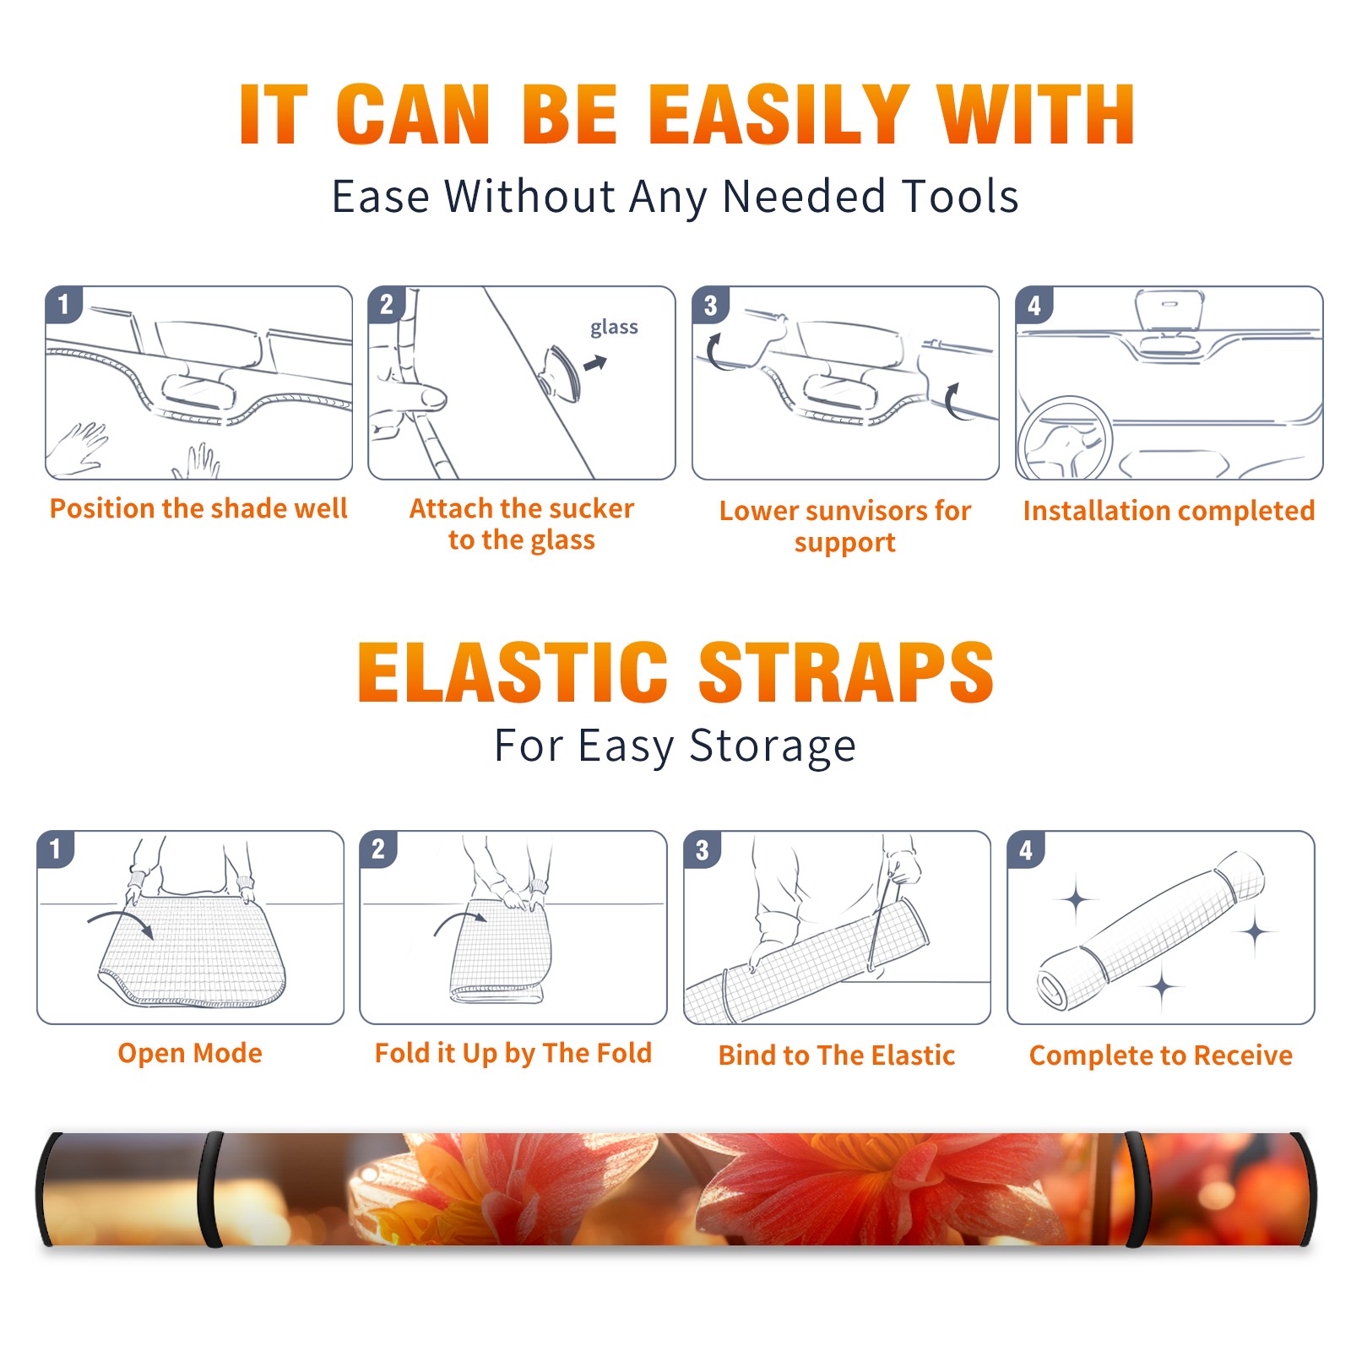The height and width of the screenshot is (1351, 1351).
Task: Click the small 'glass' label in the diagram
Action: point(614,327)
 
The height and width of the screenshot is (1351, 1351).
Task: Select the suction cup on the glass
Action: point(561,372)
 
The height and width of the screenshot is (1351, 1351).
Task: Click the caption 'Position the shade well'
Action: point(198,508)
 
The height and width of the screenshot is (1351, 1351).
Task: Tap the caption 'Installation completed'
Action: point(1169,511)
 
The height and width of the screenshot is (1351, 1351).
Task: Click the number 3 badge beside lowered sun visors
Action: point(711,305)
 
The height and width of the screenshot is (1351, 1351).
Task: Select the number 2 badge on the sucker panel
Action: point(387,304)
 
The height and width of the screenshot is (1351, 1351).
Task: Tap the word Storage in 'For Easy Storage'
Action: point(773,746)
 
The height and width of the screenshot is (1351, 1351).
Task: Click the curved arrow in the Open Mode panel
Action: point(120,923)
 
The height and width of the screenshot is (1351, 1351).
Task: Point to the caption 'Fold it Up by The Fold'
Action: point(513,1053)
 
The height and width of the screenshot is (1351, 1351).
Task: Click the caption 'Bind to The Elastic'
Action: point(837,1055)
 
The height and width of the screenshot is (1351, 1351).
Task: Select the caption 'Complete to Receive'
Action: point(1161,1055)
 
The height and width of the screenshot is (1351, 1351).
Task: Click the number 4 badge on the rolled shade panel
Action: point(1026,849)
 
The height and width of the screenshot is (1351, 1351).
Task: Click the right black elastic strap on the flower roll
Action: point(1134,1190)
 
